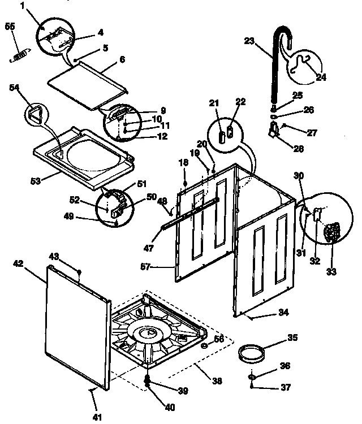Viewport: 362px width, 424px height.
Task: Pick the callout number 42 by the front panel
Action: click(18, 263)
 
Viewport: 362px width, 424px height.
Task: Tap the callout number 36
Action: click(286, 366)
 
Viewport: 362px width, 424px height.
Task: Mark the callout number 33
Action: click(331, 271)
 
